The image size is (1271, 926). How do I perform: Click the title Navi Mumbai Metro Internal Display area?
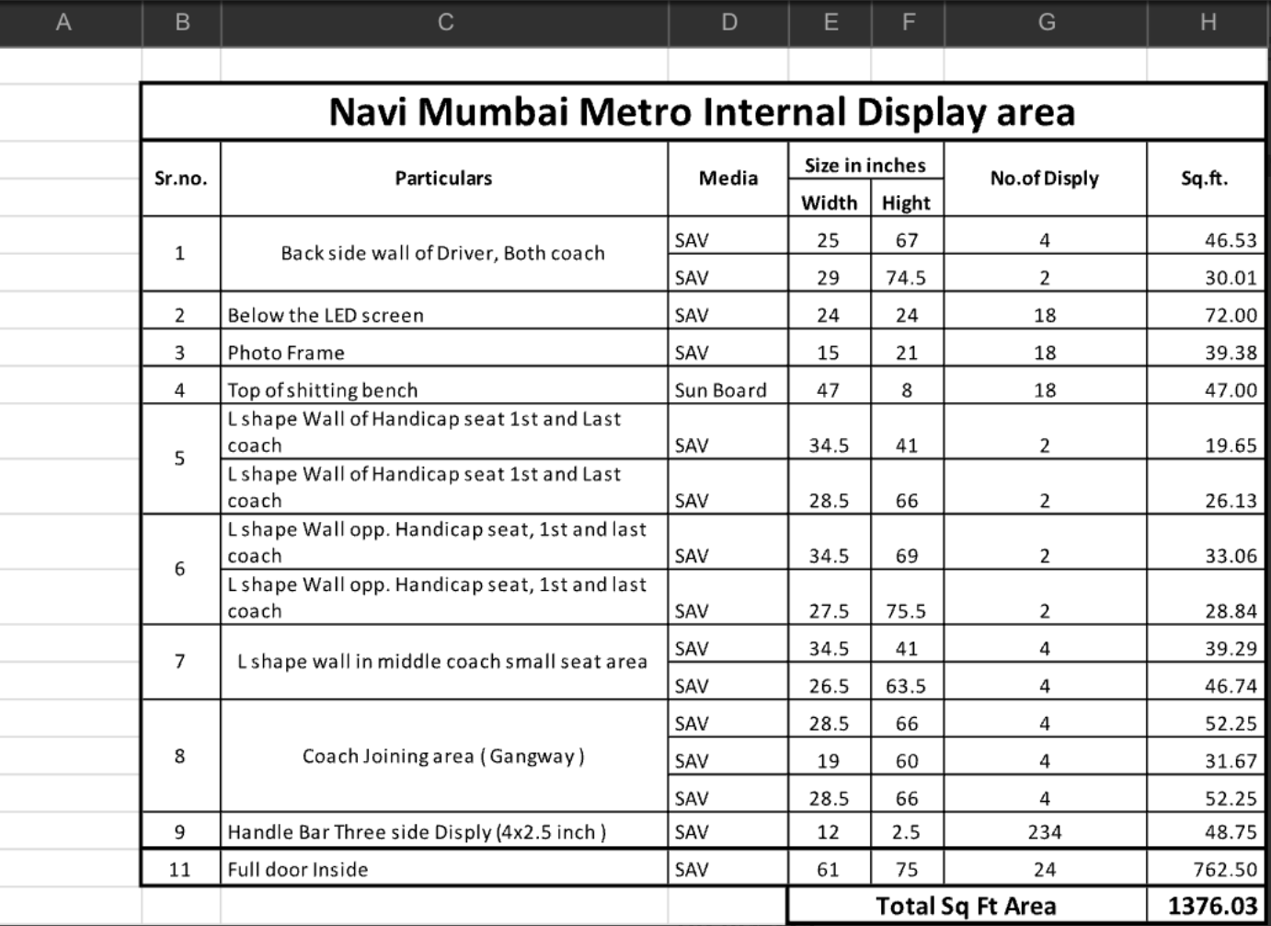702,112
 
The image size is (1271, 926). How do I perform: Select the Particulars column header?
443,178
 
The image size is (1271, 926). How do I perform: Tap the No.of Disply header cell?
1044,178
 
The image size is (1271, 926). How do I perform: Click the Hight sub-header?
906,203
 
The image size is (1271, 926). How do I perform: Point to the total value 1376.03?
1211,906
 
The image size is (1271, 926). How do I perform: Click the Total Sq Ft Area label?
966,906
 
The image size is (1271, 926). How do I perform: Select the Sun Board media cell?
720,390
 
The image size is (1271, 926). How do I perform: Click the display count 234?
1044,832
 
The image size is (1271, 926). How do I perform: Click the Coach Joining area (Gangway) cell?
443,756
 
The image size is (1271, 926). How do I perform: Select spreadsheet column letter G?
1046,22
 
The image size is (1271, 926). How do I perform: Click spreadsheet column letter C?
445,22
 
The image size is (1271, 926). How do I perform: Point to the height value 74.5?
906,277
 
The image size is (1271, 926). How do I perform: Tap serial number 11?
179,869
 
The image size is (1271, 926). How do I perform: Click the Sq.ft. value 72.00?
1231,315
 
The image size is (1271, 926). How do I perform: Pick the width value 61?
828,869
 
